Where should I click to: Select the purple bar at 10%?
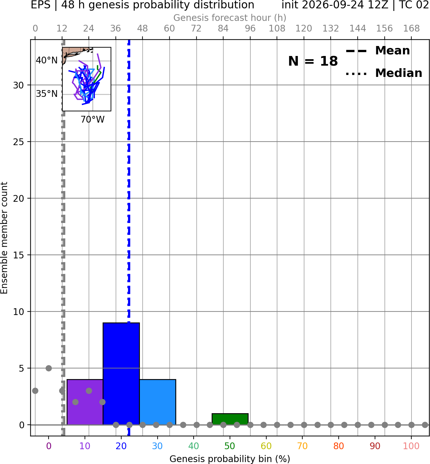[x=85, y=402]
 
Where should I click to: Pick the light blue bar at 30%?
[x=158, y=402]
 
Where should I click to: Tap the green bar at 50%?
[x=230, y=419]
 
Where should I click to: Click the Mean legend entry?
[x=378, y=51]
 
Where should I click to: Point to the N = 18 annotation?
[x=313, y=61]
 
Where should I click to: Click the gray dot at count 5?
[x=49, y=368]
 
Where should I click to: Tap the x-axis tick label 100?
[x=411, y=446]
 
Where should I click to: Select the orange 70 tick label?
[x=302, y=446]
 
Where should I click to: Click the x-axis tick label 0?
[x=49, y=446]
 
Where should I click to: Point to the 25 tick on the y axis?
[x=19, y=142]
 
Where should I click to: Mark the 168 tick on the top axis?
[x=411, y=29]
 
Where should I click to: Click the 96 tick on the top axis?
[x=250, y=29]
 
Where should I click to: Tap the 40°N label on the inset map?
[x=47, y=60]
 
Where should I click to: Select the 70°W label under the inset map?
[x=93, y=120]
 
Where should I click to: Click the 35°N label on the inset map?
[x=47, y=94]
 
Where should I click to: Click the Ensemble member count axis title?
[x=4, y=238]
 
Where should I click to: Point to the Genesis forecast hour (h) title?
[x=230, y=18]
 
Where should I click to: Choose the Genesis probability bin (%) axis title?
[x=230, y=459]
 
